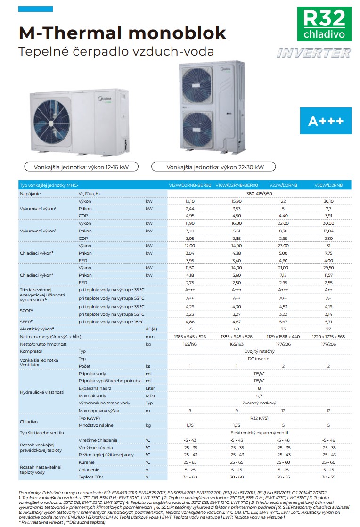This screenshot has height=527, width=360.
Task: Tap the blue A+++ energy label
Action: (x=326, y=121)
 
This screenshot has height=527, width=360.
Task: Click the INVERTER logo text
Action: (x=314, y=53)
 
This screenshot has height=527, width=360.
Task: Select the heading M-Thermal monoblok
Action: (x=122, y=33)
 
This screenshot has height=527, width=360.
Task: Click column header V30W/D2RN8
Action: (x=328, y=185)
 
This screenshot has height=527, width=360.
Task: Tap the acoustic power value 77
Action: (x=328, y=329)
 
